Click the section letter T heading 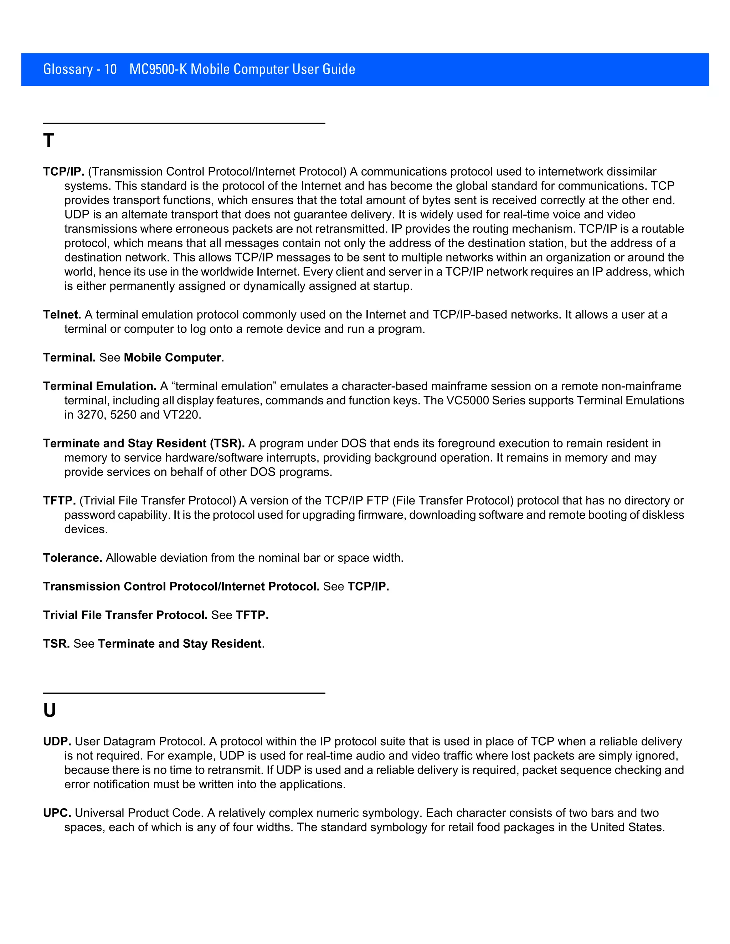tap(48, 141)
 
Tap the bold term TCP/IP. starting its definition tap(63, 172)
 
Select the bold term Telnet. tap(62, 315)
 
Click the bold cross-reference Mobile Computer tap(173, 357)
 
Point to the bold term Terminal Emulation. tap(99, 386)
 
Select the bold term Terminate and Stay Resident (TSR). tap(144, 444)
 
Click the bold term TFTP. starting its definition tap(59, 500)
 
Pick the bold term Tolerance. tap(72, 558)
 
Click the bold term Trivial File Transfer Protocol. tap(125, 615)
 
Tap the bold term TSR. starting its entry tap(56, 644)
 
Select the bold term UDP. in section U tap(57, 742)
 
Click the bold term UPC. tap(57, 813)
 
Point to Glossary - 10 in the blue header tap(80, 69)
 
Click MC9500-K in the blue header tap(158, 69)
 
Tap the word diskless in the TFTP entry tap(662, 515)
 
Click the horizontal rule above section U tap(184, 693)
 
